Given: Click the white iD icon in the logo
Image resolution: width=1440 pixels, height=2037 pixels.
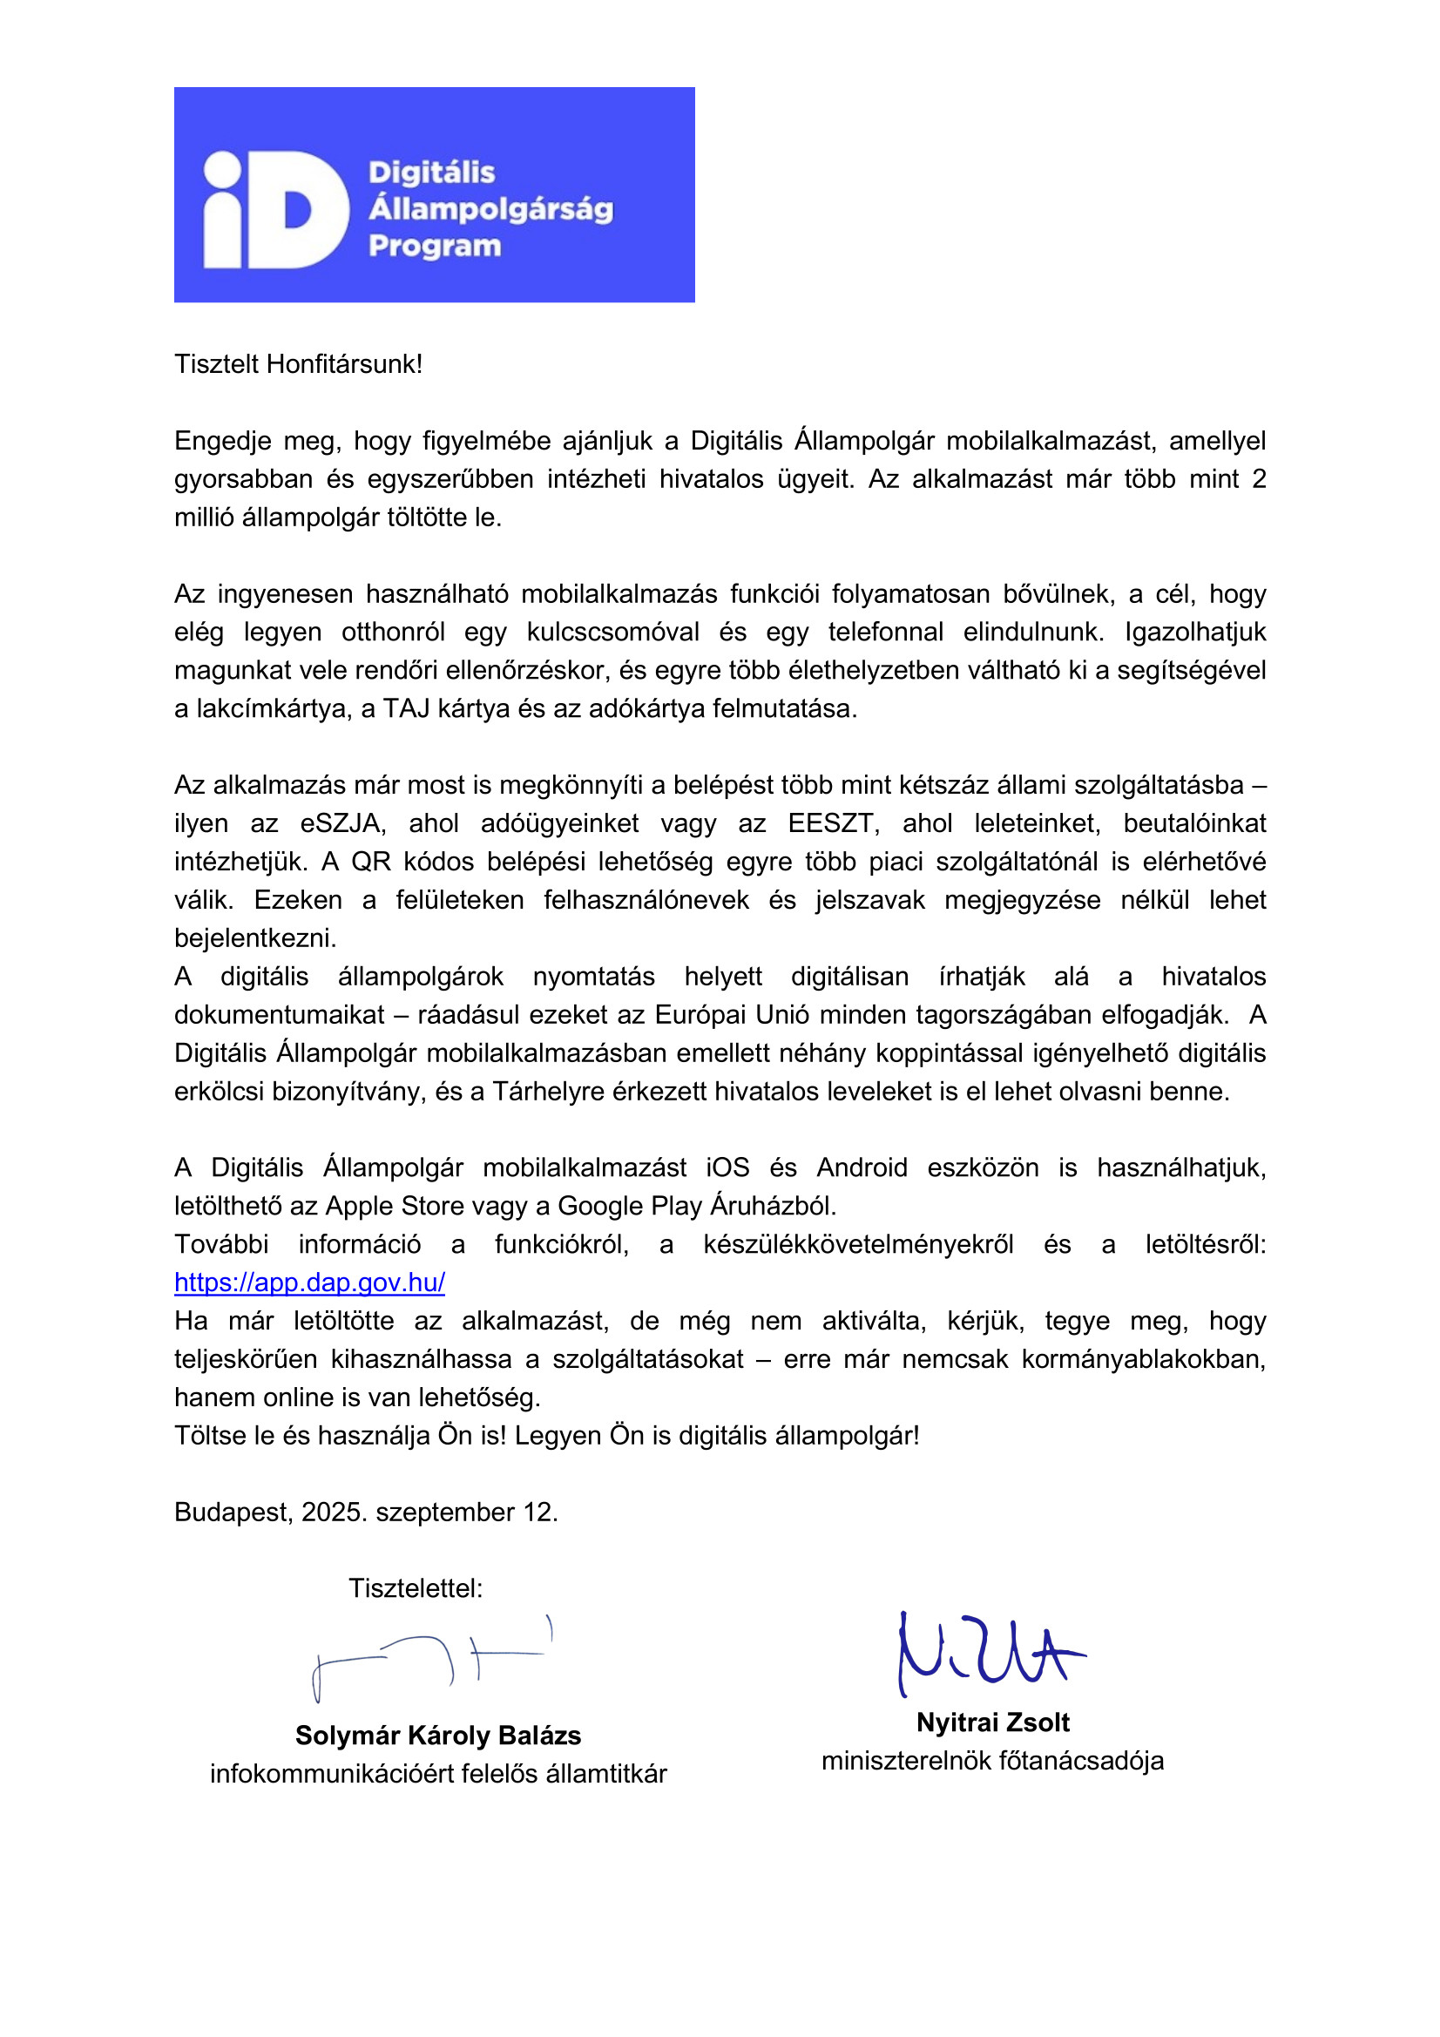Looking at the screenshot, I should (275, 209).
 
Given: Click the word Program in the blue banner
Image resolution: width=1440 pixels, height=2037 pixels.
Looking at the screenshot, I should (435, 246).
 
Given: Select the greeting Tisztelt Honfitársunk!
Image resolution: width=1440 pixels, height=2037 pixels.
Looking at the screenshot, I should (298, 364).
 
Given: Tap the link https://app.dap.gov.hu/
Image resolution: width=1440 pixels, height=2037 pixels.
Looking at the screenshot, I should (309, 1282).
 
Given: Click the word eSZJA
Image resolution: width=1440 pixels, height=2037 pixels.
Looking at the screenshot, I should (342, 823).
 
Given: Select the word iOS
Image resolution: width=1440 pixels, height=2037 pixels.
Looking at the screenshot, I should (727, 1167).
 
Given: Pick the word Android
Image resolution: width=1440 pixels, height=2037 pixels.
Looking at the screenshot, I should (862, 1167).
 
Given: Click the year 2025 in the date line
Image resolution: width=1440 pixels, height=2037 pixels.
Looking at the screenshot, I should (330, 1512).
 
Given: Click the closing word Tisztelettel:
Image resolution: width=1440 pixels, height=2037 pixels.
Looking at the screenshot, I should (416, 1588).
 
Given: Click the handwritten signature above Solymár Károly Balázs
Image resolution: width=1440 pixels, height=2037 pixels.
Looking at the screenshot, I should (432, 1656).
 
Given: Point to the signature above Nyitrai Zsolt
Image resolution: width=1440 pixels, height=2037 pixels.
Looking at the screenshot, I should (990, 1654).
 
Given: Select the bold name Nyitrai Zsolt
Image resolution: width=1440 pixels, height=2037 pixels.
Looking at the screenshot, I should (993, 1722).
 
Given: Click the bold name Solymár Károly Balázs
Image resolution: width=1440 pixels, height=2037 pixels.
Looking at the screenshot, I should (438, 1736).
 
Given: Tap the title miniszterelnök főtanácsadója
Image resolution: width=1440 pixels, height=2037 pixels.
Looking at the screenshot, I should (992, 1761).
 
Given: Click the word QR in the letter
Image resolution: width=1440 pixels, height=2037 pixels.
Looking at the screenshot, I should (371, 862).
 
